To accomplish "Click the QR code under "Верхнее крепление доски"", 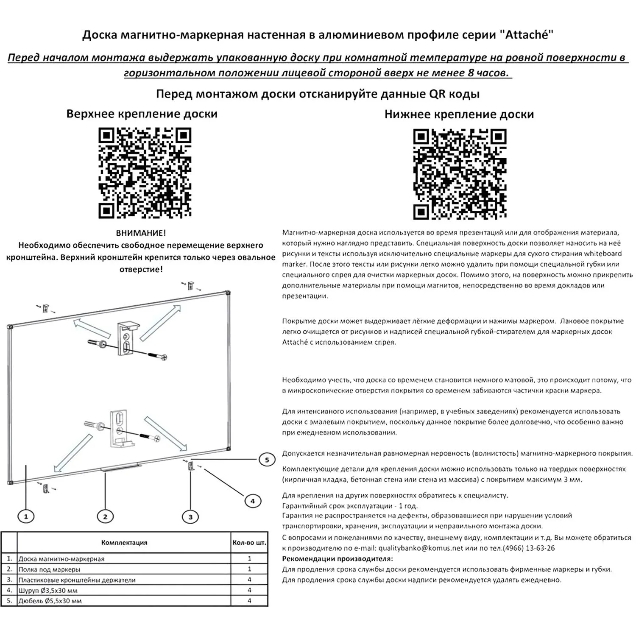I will click(145, 173).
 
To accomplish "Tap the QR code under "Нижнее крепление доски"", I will click(460, 174).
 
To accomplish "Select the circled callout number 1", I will click(26, 516).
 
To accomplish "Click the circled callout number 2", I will click(105, 516).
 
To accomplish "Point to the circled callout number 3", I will click(190, 516).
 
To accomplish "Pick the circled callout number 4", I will click(253, 501).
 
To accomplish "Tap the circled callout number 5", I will click(267, 460).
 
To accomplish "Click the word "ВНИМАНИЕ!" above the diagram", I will click(141, 233).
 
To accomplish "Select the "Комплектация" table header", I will click(124, 542).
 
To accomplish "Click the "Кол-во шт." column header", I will click(249, 542).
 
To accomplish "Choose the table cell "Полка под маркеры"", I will click(49, 569).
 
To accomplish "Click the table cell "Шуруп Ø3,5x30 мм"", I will click(48, 590).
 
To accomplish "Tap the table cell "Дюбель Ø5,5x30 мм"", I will click(50, 601).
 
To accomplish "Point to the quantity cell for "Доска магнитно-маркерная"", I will click(249, 559).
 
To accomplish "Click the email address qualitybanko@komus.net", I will click(421, 548).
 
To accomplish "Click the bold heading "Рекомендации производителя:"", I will click(338, 558).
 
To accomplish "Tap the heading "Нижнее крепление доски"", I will click(459, 114).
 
